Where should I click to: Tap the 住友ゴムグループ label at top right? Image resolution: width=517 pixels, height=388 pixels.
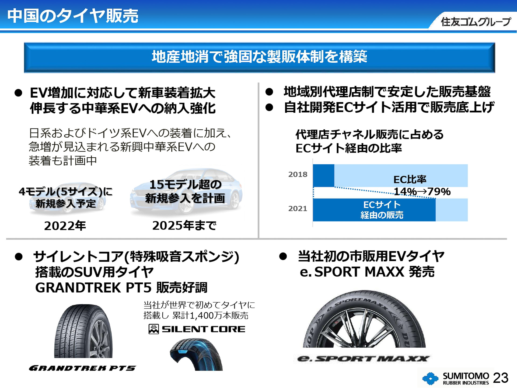[x=475, y=22]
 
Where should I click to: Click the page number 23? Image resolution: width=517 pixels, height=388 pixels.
[x=501, y=378]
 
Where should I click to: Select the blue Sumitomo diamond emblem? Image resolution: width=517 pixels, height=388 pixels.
[x=430, y=379]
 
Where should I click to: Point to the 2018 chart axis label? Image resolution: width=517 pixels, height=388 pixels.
[x=298, y=175]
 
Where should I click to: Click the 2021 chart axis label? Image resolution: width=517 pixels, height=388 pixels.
[x=298, y=209]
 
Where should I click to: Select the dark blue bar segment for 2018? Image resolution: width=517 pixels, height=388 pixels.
[x=323, y=175]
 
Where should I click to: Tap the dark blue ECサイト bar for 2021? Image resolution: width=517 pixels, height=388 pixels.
[x=374, y=210]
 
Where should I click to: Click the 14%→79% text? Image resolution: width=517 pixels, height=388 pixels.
[x=422, y=192]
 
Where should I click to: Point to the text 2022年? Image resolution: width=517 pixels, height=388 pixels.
[x=65, y=226]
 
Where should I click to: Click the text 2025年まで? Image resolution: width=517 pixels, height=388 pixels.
[x=184, y=226]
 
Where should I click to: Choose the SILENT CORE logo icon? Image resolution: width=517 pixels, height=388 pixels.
[x=154, y=329]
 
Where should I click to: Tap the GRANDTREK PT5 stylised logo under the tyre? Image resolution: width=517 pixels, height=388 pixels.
[x=82, y=368]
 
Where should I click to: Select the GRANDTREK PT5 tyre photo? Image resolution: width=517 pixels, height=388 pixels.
[x=83, y=331]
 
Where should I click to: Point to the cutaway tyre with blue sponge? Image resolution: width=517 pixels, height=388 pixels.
[x=196, y=354]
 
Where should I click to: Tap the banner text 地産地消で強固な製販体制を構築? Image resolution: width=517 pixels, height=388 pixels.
[x=259, y=57]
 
